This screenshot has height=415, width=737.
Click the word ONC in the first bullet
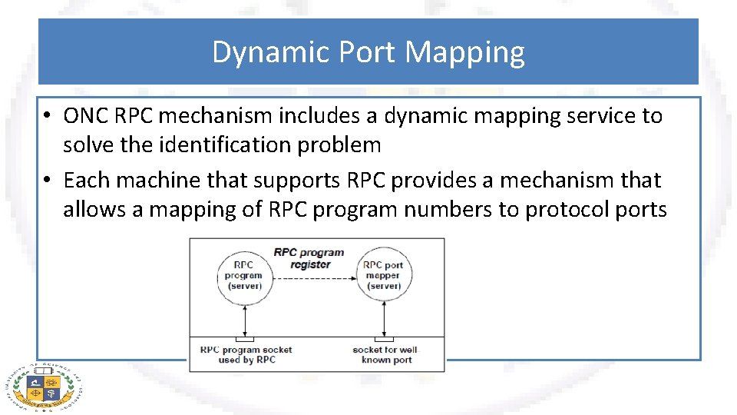[x=86, y=116]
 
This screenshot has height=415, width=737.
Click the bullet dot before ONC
[x=47, y=117]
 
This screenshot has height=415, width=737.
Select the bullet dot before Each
[x=47, y=181]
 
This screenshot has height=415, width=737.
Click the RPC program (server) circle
[x=243, y=275]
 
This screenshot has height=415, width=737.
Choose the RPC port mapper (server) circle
[x=383, y=275]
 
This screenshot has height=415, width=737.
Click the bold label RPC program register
[x=310, y=257]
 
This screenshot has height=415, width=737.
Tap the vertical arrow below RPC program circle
[x=244, y=318]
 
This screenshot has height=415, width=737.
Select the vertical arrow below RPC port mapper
[x=384, y=318]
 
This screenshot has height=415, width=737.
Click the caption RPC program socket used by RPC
[x=246, y=354]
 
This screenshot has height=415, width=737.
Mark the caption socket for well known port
[x=386, y=354]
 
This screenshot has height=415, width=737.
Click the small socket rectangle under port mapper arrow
[x=384, y=339]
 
